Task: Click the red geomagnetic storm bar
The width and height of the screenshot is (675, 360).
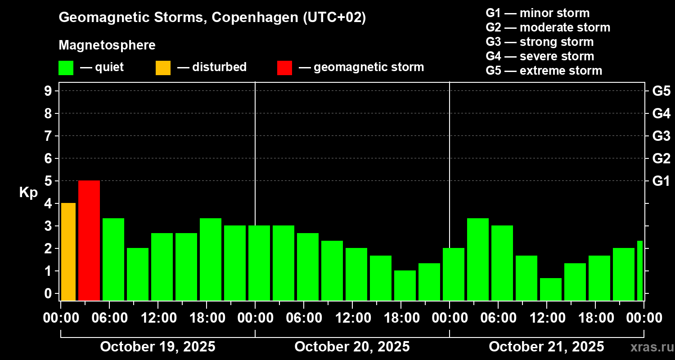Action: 89,240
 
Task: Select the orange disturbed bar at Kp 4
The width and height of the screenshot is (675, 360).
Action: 68,252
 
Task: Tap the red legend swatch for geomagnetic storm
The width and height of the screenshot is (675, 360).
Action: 284,67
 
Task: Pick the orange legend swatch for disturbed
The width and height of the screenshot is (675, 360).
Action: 163,67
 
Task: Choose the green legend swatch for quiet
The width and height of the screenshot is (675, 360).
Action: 66,67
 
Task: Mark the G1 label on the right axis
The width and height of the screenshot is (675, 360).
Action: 661,181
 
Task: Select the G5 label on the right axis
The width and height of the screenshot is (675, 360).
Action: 661,91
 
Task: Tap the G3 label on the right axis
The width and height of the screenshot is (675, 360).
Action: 661,136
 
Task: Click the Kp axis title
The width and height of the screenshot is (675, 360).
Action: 28,193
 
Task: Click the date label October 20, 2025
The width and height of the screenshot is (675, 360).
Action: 352,347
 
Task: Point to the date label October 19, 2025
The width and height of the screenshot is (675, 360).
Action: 157,347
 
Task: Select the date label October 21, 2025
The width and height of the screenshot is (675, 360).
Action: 546,347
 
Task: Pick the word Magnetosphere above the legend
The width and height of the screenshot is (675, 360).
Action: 107,45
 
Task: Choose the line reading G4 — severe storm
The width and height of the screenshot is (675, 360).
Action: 540,56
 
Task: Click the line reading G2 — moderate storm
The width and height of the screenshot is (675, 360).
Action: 548,27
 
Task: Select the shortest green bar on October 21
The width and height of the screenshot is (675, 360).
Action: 551,289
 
